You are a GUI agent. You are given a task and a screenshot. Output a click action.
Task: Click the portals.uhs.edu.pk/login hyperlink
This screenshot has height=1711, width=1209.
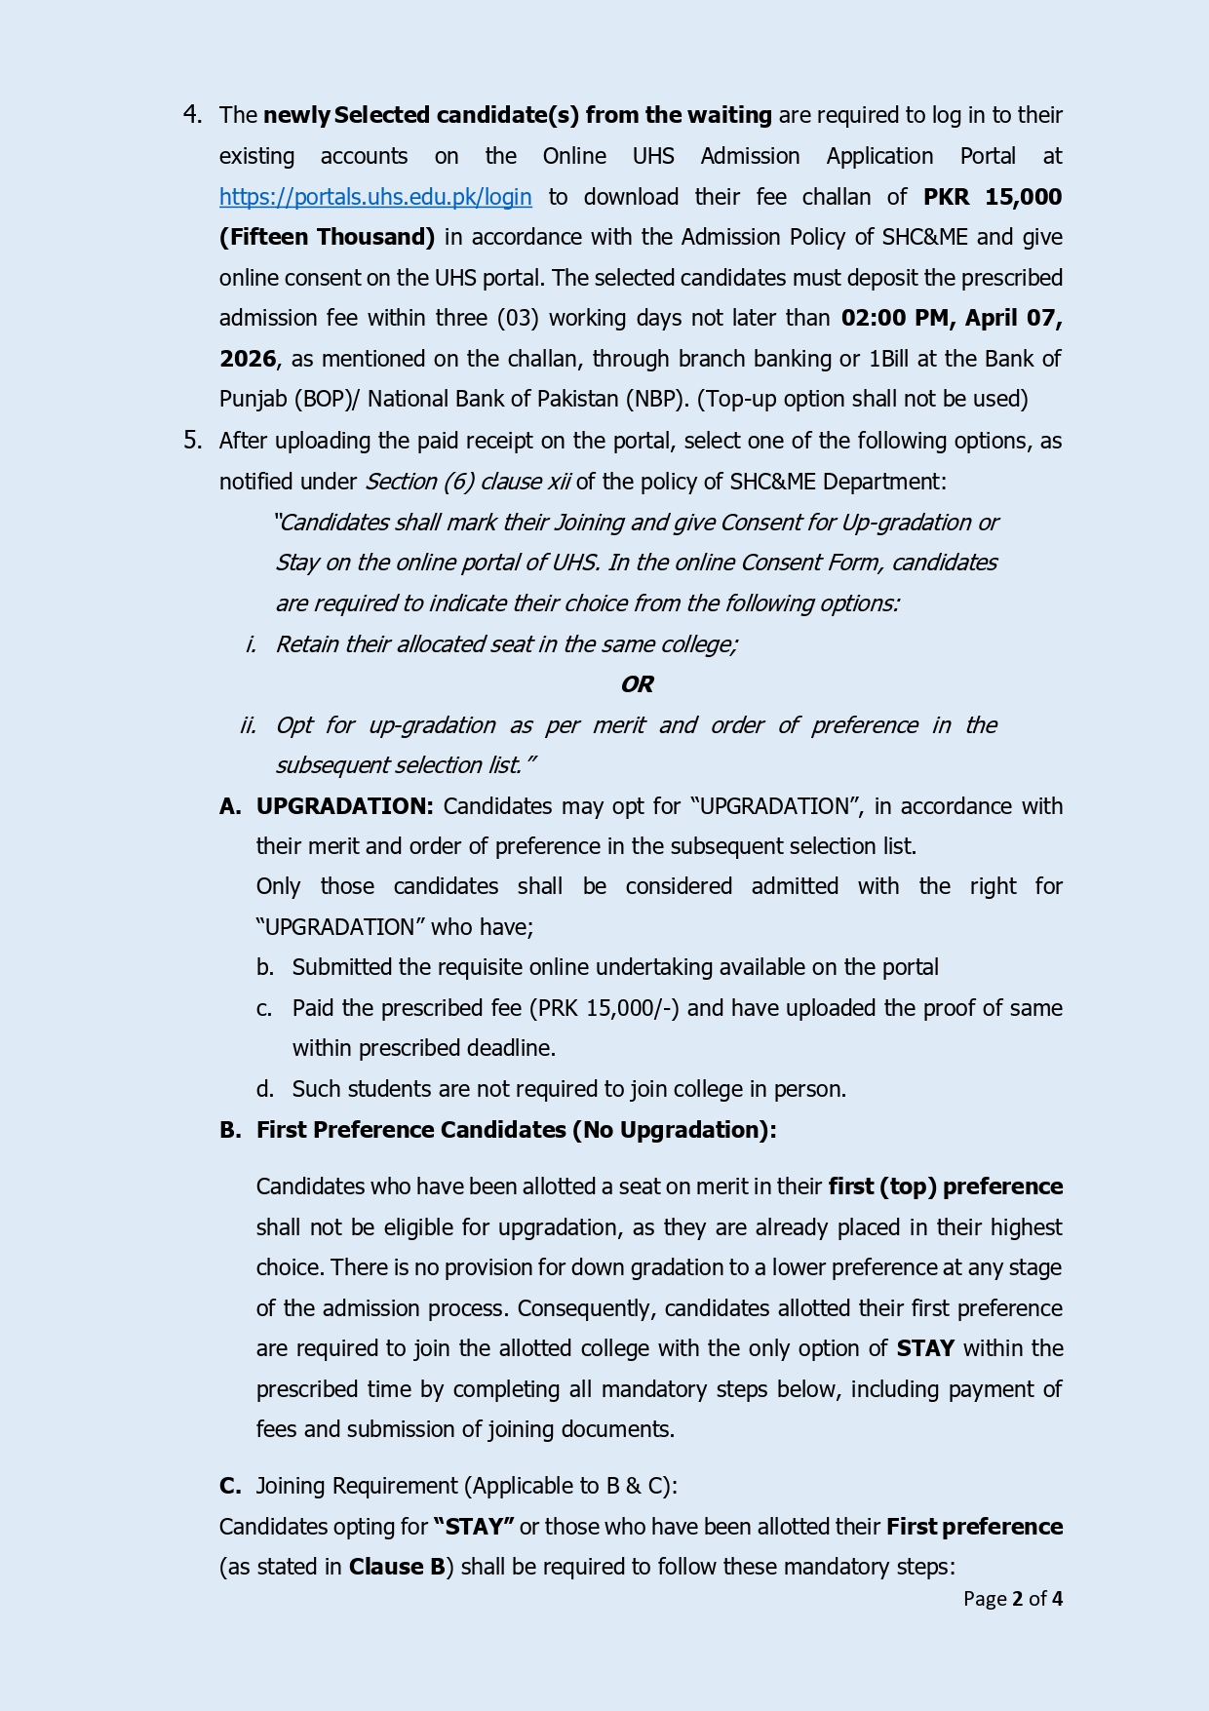click(375, 197)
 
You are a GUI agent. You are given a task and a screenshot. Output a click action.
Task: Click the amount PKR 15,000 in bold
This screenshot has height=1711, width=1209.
click(992, 197)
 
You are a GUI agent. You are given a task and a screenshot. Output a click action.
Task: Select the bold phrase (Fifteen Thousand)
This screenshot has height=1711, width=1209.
click(327, 237)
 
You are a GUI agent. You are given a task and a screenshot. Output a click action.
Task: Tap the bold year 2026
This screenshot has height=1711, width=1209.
click(248, 359)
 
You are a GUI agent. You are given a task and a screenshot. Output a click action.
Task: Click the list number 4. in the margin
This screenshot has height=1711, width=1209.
click(193, 115)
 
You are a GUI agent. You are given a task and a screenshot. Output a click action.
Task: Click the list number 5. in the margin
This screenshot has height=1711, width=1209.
click(193, 441)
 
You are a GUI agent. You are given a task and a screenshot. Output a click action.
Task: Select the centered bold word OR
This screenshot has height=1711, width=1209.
click(637, 684)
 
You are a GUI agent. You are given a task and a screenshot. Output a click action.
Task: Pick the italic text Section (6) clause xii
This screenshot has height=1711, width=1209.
click(467, 482)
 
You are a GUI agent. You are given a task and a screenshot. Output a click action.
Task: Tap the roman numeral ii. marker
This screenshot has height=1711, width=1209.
click(249, 725)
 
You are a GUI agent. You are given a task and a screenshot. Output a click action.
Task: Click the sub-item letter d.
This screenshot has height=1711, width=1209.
click(265, 1089)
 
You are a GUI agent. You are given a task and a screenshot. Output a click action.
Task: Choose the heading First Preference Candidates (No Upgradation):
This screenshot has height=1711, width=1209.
click(516, 1130)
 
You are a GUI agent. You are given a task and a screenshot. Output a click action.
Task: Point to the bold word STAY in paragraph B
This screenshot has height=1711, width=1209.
click(925, 1348)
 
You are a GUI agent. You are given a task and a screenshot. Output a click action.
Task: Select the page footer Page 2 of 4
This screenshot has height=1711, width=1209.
click(1012, 1599)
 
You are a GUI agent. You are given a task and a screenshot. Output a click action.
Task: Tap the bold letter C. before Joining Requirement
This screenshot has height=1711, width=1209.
click(230, 1486)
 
